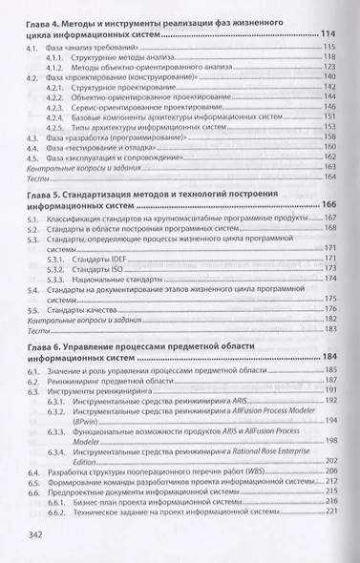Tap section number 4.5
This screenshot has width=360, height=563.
(x=35, y=159)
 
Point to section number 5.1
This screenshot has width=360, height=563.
(x=35, y=219)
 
